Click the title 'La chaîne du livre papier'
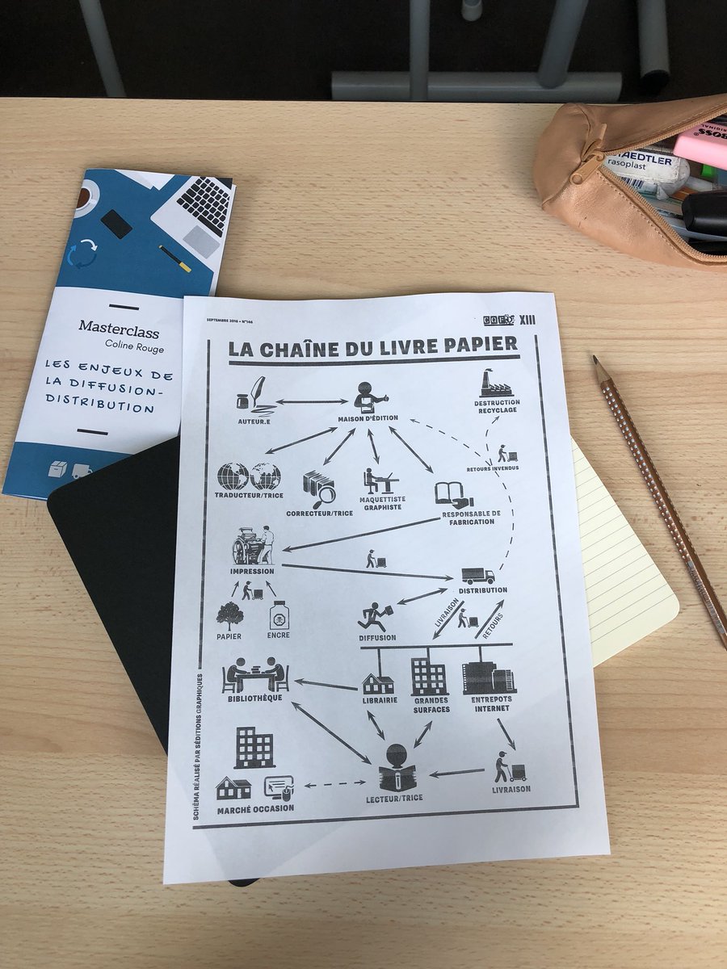click(x=372, y=346)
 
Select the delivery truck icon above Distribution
click(x=478, y=576)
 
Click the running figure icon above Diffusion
click(x=375, y=615)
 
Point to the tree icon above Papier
click(x=229, y=616)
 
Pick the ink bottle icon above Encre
click(x=279, y=616)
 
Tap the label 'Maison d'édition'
click(x=369, y=419)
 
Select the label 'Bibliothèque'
click(x=254, y=698)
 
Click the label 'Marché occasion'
click(x=255, y=808)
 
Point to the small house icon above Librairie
click(x=378, y=683)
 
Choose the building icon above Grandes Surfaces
click(x=428, y=677)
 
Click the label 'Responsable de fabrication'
click(x=472, y=518)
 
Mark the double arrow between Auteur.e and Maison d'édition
click(x=310, y=401)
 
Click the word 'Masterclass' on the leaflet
click(x=119, y=328)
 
